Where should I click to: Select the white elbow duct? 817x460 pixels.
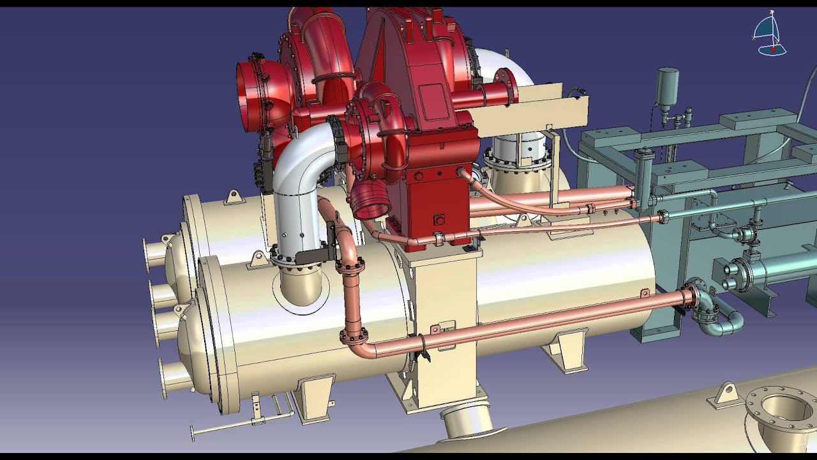pos(296,192)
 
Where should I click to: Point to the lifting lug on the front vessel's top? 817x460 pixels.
pos(258,258)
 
